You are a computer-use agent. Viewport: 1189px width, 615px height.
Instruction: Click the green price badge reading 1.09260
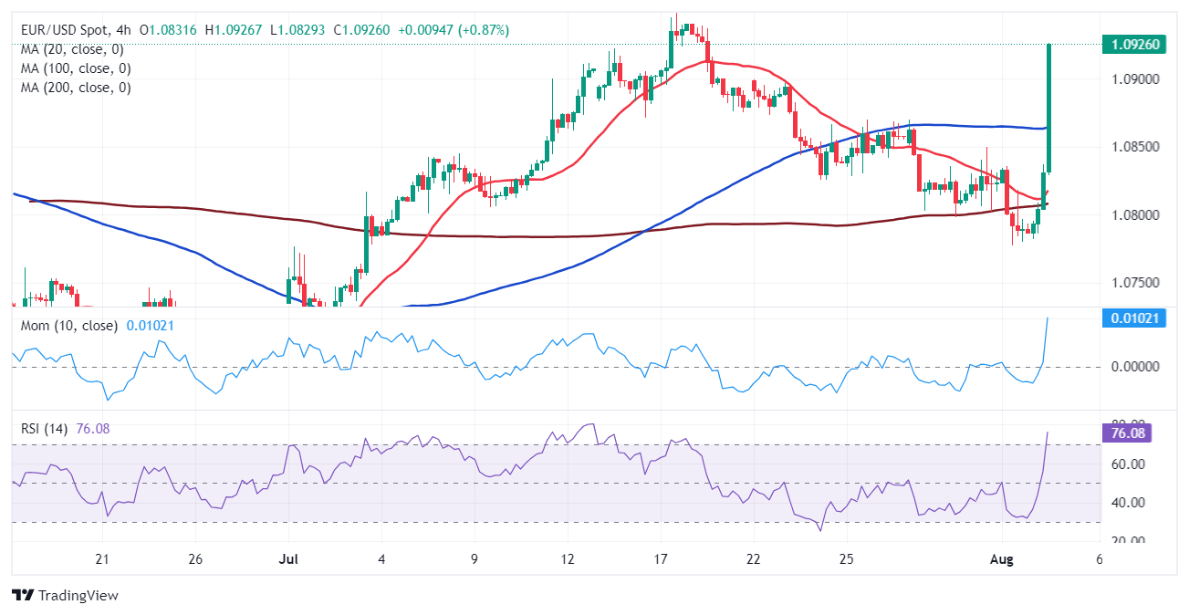pos(1132,44)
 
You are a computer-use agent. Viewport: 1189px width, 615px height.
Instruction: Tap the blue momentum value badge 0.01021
pos(1132,318)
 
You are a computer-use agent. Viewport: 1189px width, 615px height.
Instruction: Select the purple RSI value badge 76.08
pos(1132,433)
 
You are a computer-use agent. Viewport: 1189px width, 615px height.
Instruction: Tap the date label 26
pos(195,558)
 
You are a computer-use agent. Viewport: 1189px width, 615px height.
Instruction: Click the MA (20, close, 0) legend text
pos(73,49)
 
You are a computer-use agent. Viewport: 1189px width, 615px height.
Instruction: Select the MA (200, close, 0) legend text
pos(77,88)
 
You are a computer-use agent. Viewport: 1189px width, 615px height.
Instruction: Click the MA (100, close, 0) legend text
pos(77,68)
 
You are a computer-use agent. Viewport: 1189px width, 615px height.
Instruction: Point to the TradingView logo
pos(66,595)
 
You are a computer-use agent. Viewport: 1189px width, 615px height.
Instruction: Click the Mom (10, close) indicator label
pos(69,326)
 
